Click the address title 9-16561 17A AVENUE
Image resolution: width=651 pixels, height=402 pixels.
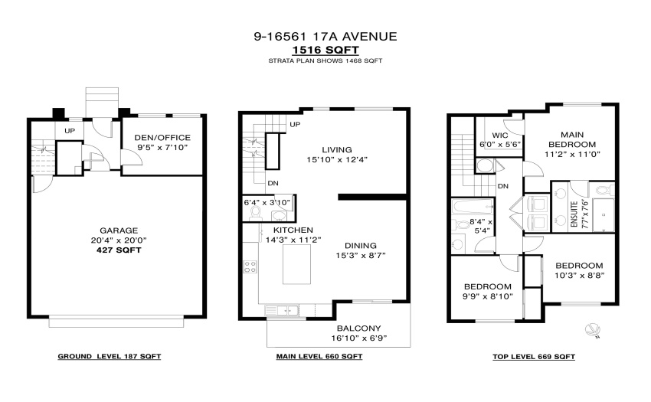click(325, 37)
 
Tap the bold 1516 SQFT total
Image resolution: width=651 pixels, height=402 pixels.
click(325, 50)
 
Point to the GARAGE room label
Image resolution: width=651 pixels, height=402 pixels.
click(119, 230)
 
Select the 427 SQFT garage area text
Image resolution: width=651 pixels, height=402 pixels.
click(119, 250)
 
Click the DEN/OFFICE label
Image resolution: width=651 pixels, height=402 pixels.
click(162, 138)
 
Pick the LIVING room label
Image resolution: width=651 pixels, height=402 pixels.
click(337, 149)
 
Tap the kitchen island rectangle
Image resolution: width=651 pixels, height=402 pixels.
click(296, 264)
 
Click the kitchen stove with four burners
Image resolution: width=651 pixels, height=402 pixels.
click(250, 266)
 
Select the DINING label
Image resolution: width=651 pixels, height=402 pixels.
click(361, 246)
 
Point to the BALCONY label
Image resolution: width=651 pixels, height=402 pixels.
click(358, 328)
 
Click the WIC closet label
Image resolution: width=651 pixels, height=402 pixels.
click(500, 136)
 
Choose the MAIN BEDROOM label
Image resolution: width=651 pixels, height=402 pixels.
click(573, 139)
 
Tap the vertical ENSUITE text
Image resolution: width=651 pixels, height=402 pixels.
click(574, 214)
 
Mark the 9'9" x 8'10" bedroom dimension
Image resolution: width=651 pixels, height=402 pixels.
click(488, 296)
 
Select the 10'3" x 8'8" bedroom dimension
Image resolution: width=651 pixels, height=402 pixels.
click(579, 276)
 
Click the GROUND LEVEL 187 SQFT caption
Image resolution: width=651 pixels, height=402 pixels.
click(110, 356)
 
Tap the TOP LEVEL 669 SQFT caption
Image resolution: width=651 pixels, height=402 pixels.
click(534, 357)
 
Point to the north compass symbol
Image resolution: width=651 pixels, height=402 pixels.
click(593, 331)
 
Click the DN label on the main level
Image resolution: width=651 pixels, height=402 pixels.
click(273, 183)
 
